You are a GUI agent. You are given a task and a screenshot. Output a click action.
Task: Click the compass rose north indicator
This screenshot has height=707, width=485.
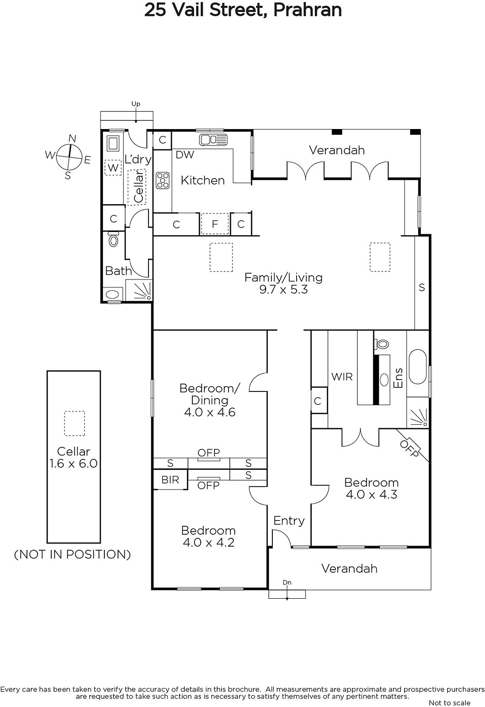(73, 139)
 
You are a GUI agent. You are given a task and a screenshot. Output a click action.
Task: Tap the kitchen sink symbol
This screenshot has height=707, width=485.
(213, 140)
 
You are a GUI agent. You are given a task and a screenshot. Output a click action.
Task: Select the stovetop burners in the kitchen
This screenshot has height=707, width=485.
(163, 181)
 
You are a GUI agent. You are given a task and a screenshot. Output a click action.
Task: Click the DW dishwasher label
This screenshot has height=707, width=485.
(185, 155)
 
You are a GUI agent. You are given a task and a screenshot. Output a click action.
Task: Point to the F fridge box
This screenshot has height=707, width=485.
(215, 224)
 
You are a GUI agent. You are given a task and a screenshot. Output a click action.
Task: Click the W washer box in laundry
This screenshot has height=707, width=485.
(113, 167)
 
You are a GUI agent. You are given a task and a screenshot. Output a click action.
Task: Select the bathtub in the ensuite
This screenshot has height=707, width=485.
(417, 366)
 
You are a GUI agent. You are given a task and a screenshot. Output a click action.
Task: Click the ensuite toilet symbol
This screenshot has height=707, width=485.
(382, 343)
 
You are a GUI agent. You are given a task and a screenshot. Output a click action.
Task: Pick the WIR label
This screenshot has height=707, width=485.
(342, 376)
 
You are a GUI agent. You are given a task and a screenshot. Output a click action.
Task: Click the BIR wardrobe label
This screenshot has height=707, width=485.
(170, 480)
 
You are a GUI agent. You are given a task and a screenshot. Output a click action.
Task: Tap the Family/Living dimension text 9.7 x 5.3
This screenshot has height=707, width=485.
(283, 289)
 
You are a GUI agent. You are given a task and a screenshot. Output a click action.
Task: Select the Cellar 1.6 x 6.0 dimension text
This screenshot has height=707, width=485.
(73, 464)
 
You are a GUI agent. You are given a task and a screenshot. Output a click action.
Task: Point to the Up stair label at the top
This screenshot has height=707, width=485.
(136, 104)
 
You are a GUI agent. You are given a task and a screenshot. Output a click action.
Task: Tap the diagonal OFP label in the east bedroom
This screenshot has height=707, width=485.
(409, 449)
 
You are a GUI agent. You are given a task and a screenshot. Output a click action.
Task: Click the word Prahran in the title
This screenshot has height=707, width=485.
(307, 10)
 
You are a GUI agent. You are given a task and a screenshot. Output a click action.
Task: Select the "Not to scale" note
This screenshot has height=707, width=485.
(449, 703)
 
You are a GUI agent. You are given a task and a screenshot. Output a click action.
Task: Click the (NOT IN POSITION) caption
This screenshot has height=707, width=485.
(73, 555)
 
